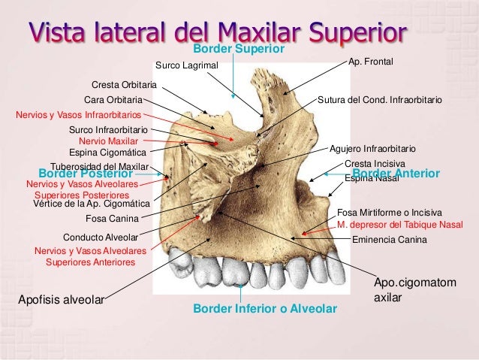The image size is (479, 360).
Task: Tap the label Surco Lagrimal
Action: pyautogui.click(x=185, y=65)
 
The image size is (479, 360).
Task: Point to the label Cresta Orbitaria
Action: pyautogui.click(x=124, y=84)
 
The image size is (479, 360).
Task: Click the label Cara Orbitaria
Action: pyautogui.click(x=113, y=98)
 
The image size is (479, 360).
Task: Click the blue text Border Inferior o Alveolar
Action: pyautogui.click(x=265, y=309)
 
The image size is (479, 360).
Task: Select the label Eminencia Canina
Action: pyautogui.click(x=389, y=240)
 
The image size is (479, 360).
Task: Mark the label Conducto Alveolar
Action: pyautogui.click(x=99, y=235)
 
